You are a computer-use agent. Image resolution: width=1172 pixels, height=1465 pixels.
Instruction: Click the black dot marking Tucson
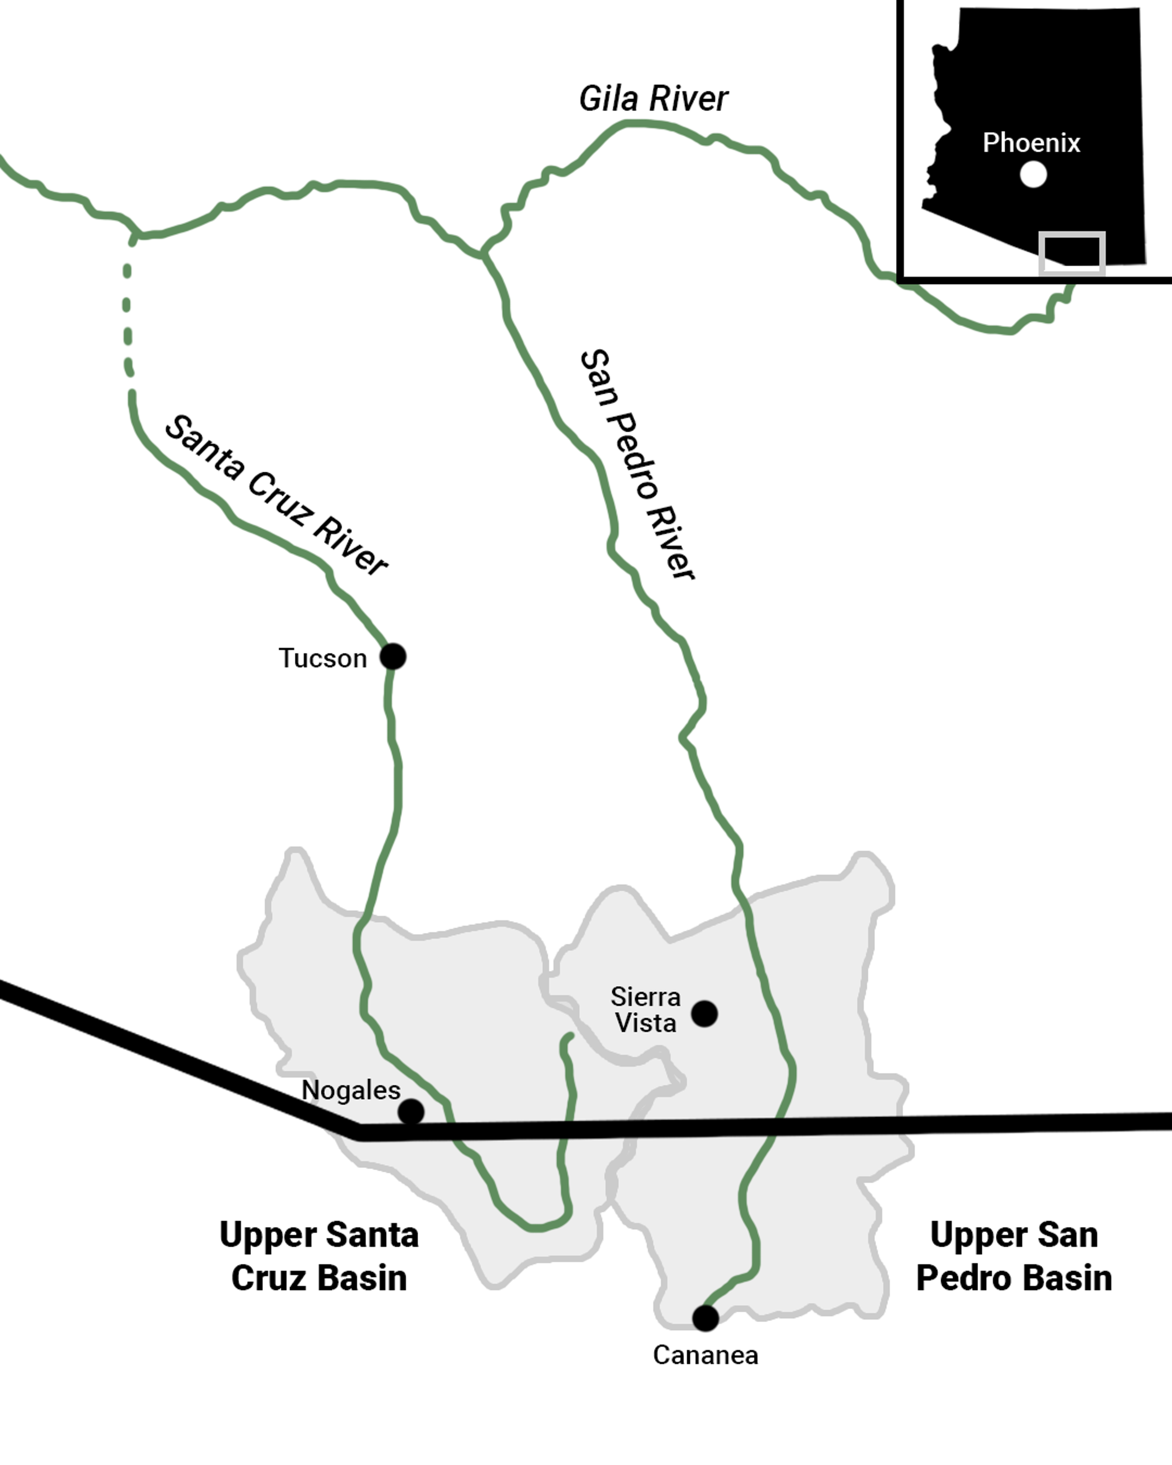393,657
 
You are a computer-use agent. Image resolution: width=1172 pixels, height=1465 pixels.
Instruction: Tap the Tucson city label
323,658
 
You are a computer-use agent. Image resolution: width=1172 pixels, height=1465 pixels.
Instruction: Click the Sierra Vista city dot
705,1014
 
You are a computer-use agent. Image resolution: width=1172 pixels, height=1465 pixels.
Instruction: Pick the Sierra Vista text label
645,1010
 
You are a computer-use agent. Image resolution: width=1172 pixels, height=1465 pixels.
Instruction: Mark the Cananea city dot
705,1318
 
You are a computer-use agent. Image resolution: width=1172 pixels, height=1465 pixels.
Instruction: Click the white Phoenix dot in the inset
1033,175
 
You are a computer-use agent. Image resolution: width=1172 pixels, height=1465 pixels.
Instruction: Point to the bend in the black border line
359,1131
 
